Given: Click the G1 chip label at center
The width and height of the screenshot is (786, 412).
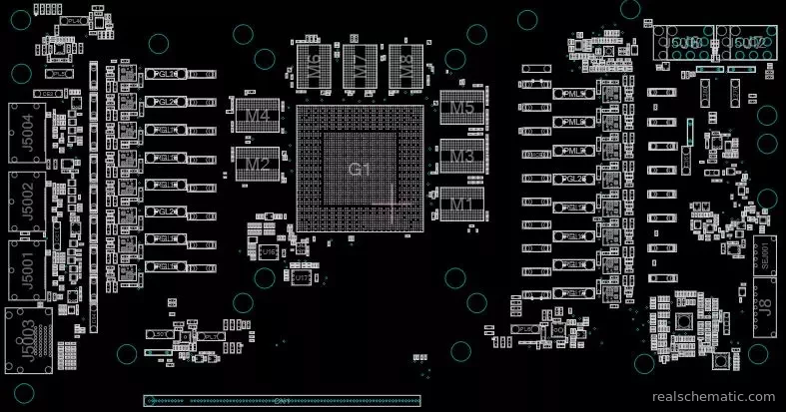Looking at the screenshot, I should point(359,169).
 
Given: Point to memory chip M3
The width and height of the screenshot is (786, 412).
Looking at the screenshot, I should point(461,157).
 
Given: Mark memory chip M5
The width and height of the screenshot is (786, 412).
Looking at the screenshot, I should point(461,108).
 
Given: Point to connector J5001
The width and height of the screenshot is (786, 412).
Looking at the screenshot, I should point(26,268).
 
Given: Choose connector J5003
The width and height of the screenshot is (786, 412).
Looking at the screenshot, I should point(26,338).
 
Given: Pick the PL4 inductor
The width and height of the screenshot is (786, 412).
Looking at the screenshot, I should point(71,20).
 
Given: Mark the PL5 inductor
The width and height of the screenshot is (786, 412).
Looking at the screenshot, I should point(59,73).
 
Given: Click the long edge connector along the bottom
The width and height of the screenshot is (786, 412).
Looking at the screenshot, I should point(283,400).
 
